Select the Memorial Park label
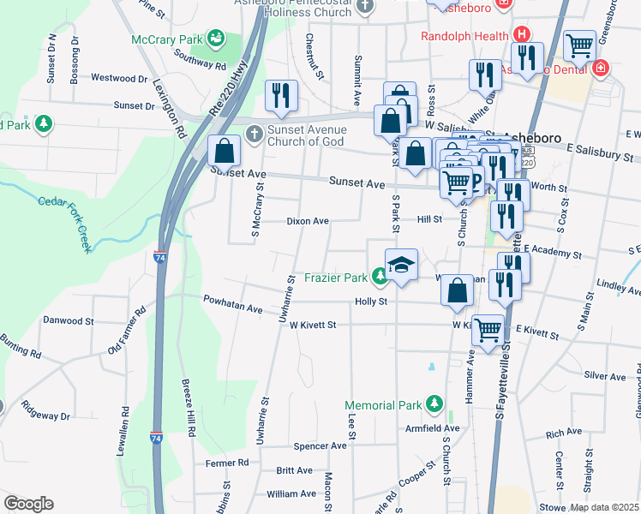(384, 405)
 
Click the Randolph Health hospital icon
(520, 36)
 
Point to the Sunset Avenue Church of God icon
(254, 134)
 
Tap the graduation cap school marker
(401, 265)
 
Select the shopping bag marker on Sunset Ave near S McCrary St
(224, 152)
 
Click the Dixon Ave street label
(308, 221)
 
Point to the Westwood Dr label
(119, 78)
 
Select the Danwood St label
(68, 320)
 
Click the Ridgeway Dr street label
(45, 411)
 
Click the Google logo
(28, 504)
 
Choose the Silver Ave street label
(604, 376)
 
